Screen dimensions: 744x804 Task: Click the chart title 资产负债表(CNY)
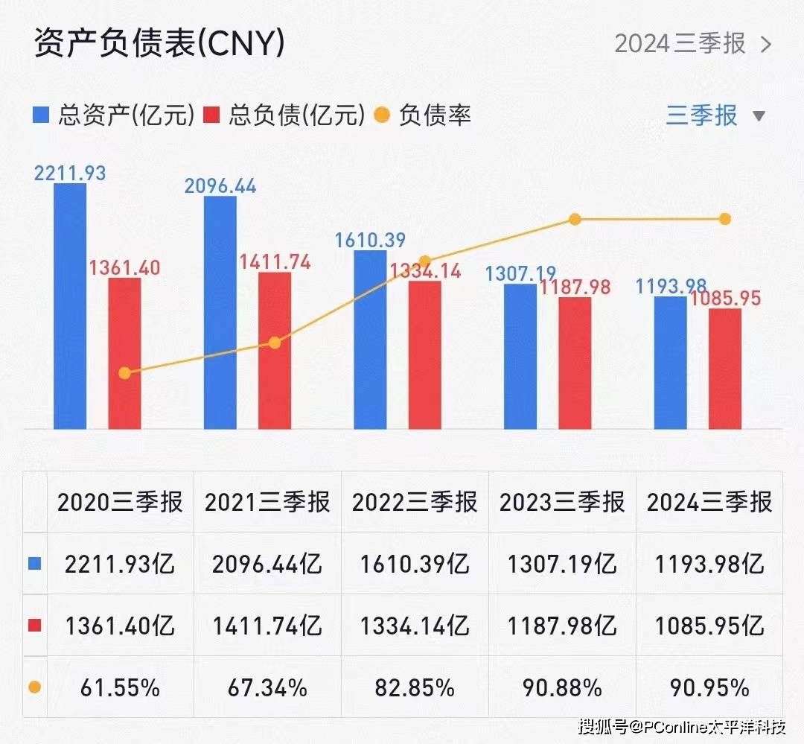(x=159, y=44)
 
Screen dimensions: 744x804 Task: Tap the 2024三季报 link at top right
(x=692, y=44)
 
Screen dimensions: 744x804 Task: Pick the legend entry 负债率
(x=423, y=115)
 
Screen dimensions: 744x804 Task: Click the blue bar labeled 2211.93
(x=70, y=305)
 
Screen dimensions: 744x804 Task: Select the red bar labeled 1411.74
(x=275, y=350)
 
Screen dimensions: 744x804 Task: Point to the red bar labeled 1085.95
(x=725, y=369)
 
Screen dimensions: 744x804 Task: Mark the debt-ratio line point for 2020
(x=125, y=373)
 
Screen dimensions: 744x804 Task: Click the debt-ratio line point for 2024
(x=725, y=219)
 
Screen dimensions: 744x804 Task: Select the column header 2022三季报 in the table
(x=414, y=503)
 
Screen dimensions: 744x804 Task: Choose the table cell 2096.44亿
(x=267, y=564)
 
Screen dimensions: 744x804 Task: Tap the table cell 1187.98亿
(x=562, y=626)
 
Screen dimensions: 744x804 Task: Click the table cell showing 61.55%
(x=120, y=687)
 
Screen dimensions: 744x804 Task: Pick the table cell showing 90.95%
(x=709, y=687)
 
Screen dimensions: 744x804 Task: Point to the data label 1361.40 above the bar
(x=125, y=267)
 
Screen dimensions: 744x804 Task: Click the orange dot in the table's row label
(x=34, y=687)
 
